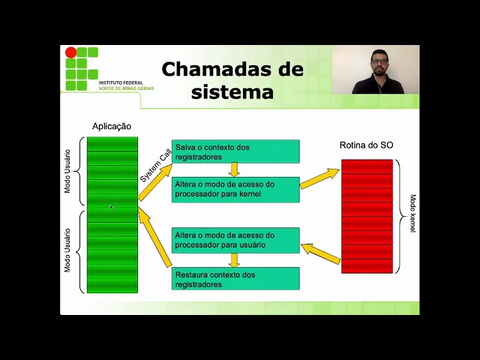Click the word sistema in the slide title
click(232, 92)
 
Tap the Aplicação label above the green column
click(112, 127)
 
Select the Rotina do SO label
click(366, 145)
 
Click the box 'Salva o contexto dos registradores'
click(235, 151)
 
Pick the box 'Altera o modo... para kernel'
click(235, 189)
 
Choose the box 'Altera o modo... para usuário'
click(235, 240)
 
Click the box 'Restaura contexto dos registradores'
click(235, 279)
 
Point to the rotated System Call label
click(155, 165)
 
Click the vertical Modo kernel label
click(412, 214)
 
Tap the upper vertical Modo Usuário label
click(67, 169)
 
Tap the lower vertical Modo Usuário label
click(67, 250)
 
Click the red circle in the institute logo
click(71, 52)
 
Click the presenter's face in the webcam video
click(379, 61)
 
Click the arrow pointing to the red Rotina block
click(320, 178)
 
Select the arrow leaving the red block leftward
click(321, 253)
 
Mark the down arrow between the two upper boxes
click(234, 169)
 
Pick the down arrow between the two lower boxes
click(234, 259)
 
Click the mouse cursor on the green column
click(111, 208)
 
